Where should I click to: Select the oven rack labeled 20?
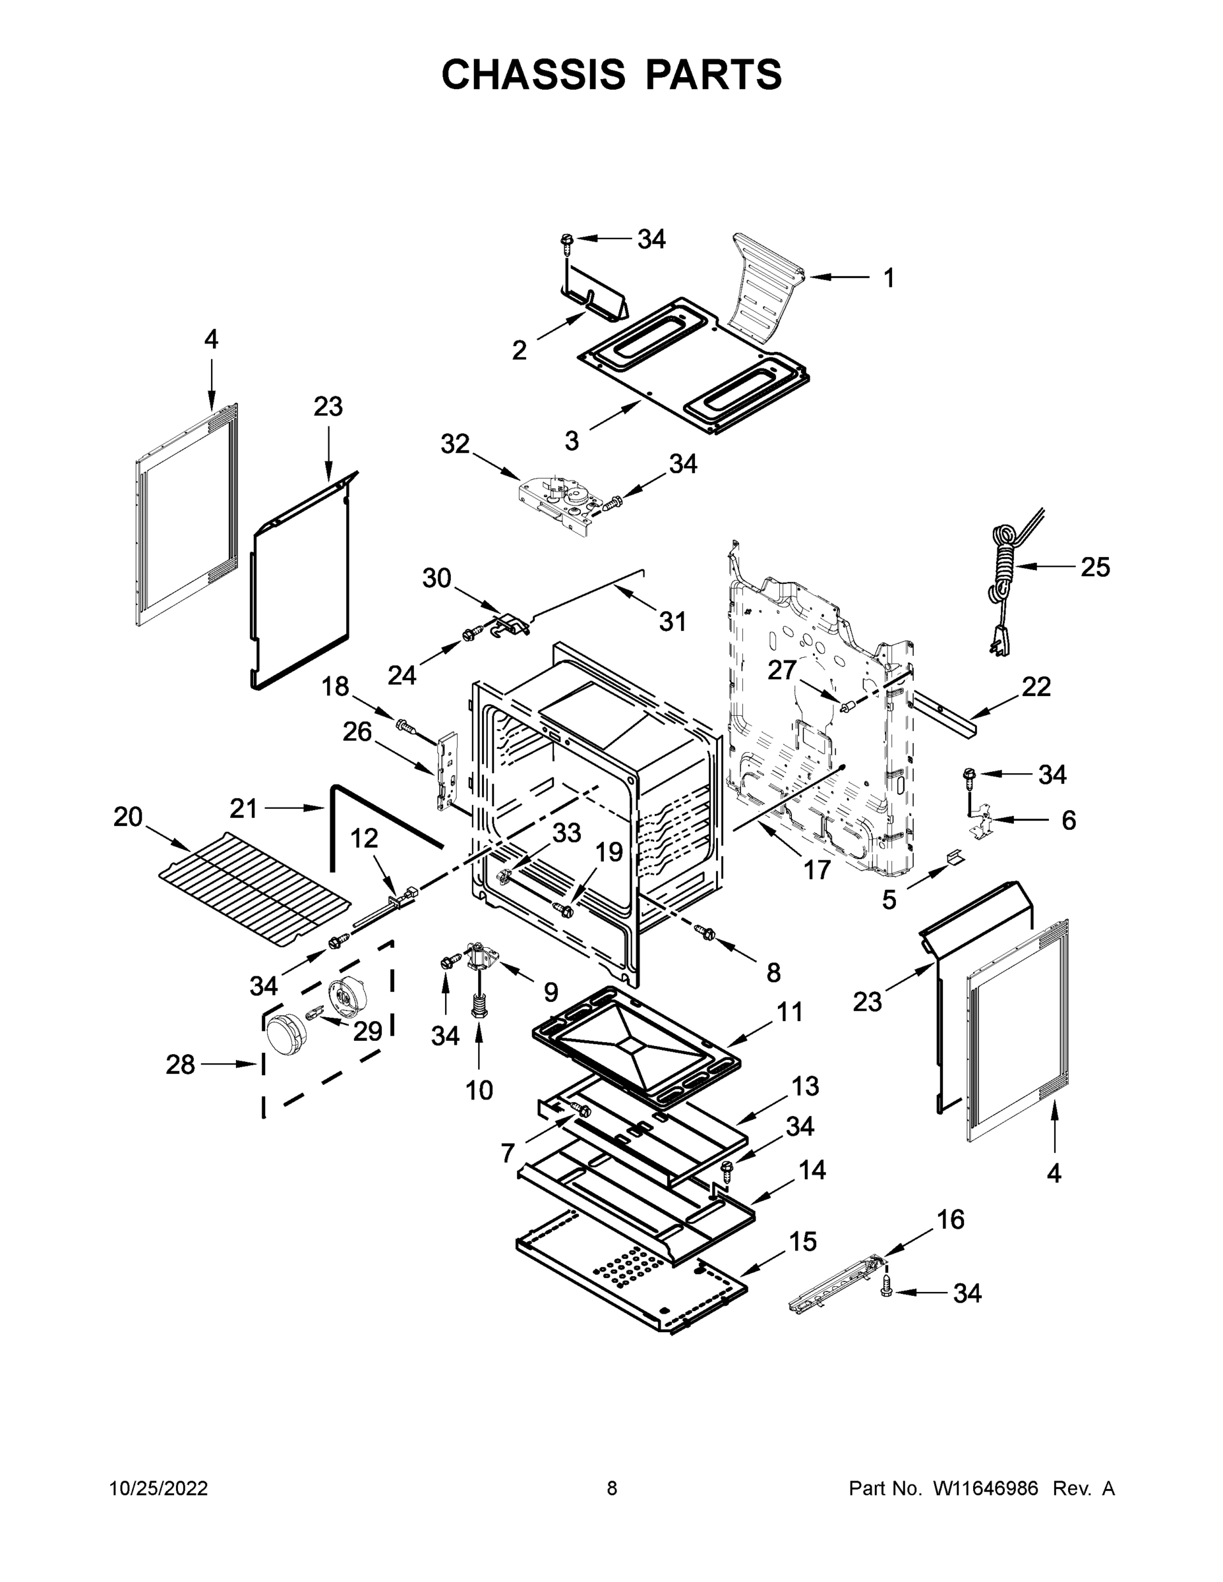[x=254, y=888]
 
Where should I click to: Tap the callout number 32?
[x=455, y=444]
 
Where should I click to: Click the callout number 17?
[x=816, y=869]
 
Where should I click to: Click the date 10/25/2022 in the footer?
[x=159, y=1488]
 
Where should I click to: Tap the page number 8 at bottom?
[x=612, y=1488]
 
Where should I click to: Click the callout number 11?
[x=790, y=1011]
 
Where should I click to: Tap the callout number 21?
[x=243, y=808]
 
